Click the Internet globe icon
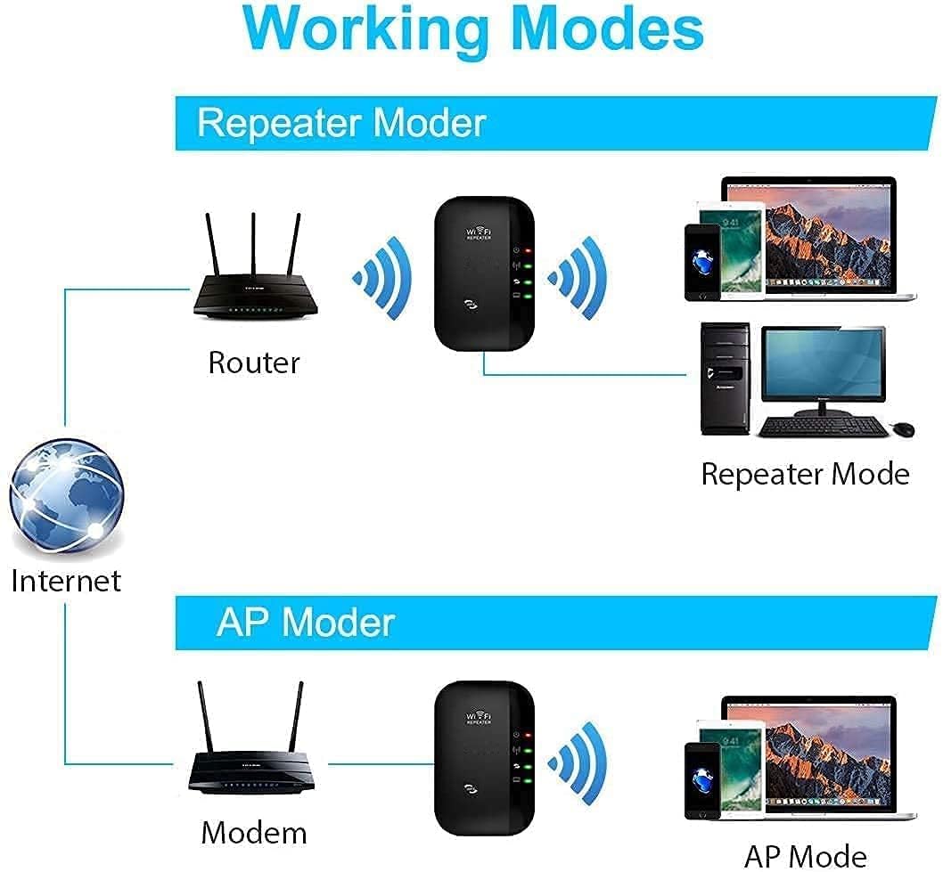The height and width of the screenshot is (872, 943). point(68,494)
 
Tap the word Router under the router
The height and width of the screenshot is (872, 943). point(254,363)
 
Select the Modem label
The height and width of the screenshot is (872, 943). point(254,832)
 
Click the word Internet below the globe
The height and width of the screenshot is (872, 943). point(66,581)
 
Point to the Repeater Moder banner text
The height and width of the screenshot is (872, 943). point(341,122)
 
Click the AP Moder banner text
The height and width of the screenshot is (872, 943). point(305,621)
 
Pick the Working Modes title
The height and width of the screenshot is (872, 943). point(471,29)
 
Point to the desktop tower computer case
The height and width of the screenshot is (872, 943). point(724,379)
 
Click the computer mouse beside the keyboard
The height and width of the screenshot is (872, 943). point(902,428)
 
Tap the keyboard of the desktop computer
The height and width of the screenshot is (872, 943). point(822,428)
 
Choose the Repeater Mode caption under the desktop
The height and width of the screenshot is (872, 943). point(805,474)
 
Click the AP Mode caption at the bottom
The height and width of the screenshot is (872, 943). point(805,855)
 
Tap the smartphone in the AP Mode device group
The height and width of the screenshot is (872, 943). point(701,779)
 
